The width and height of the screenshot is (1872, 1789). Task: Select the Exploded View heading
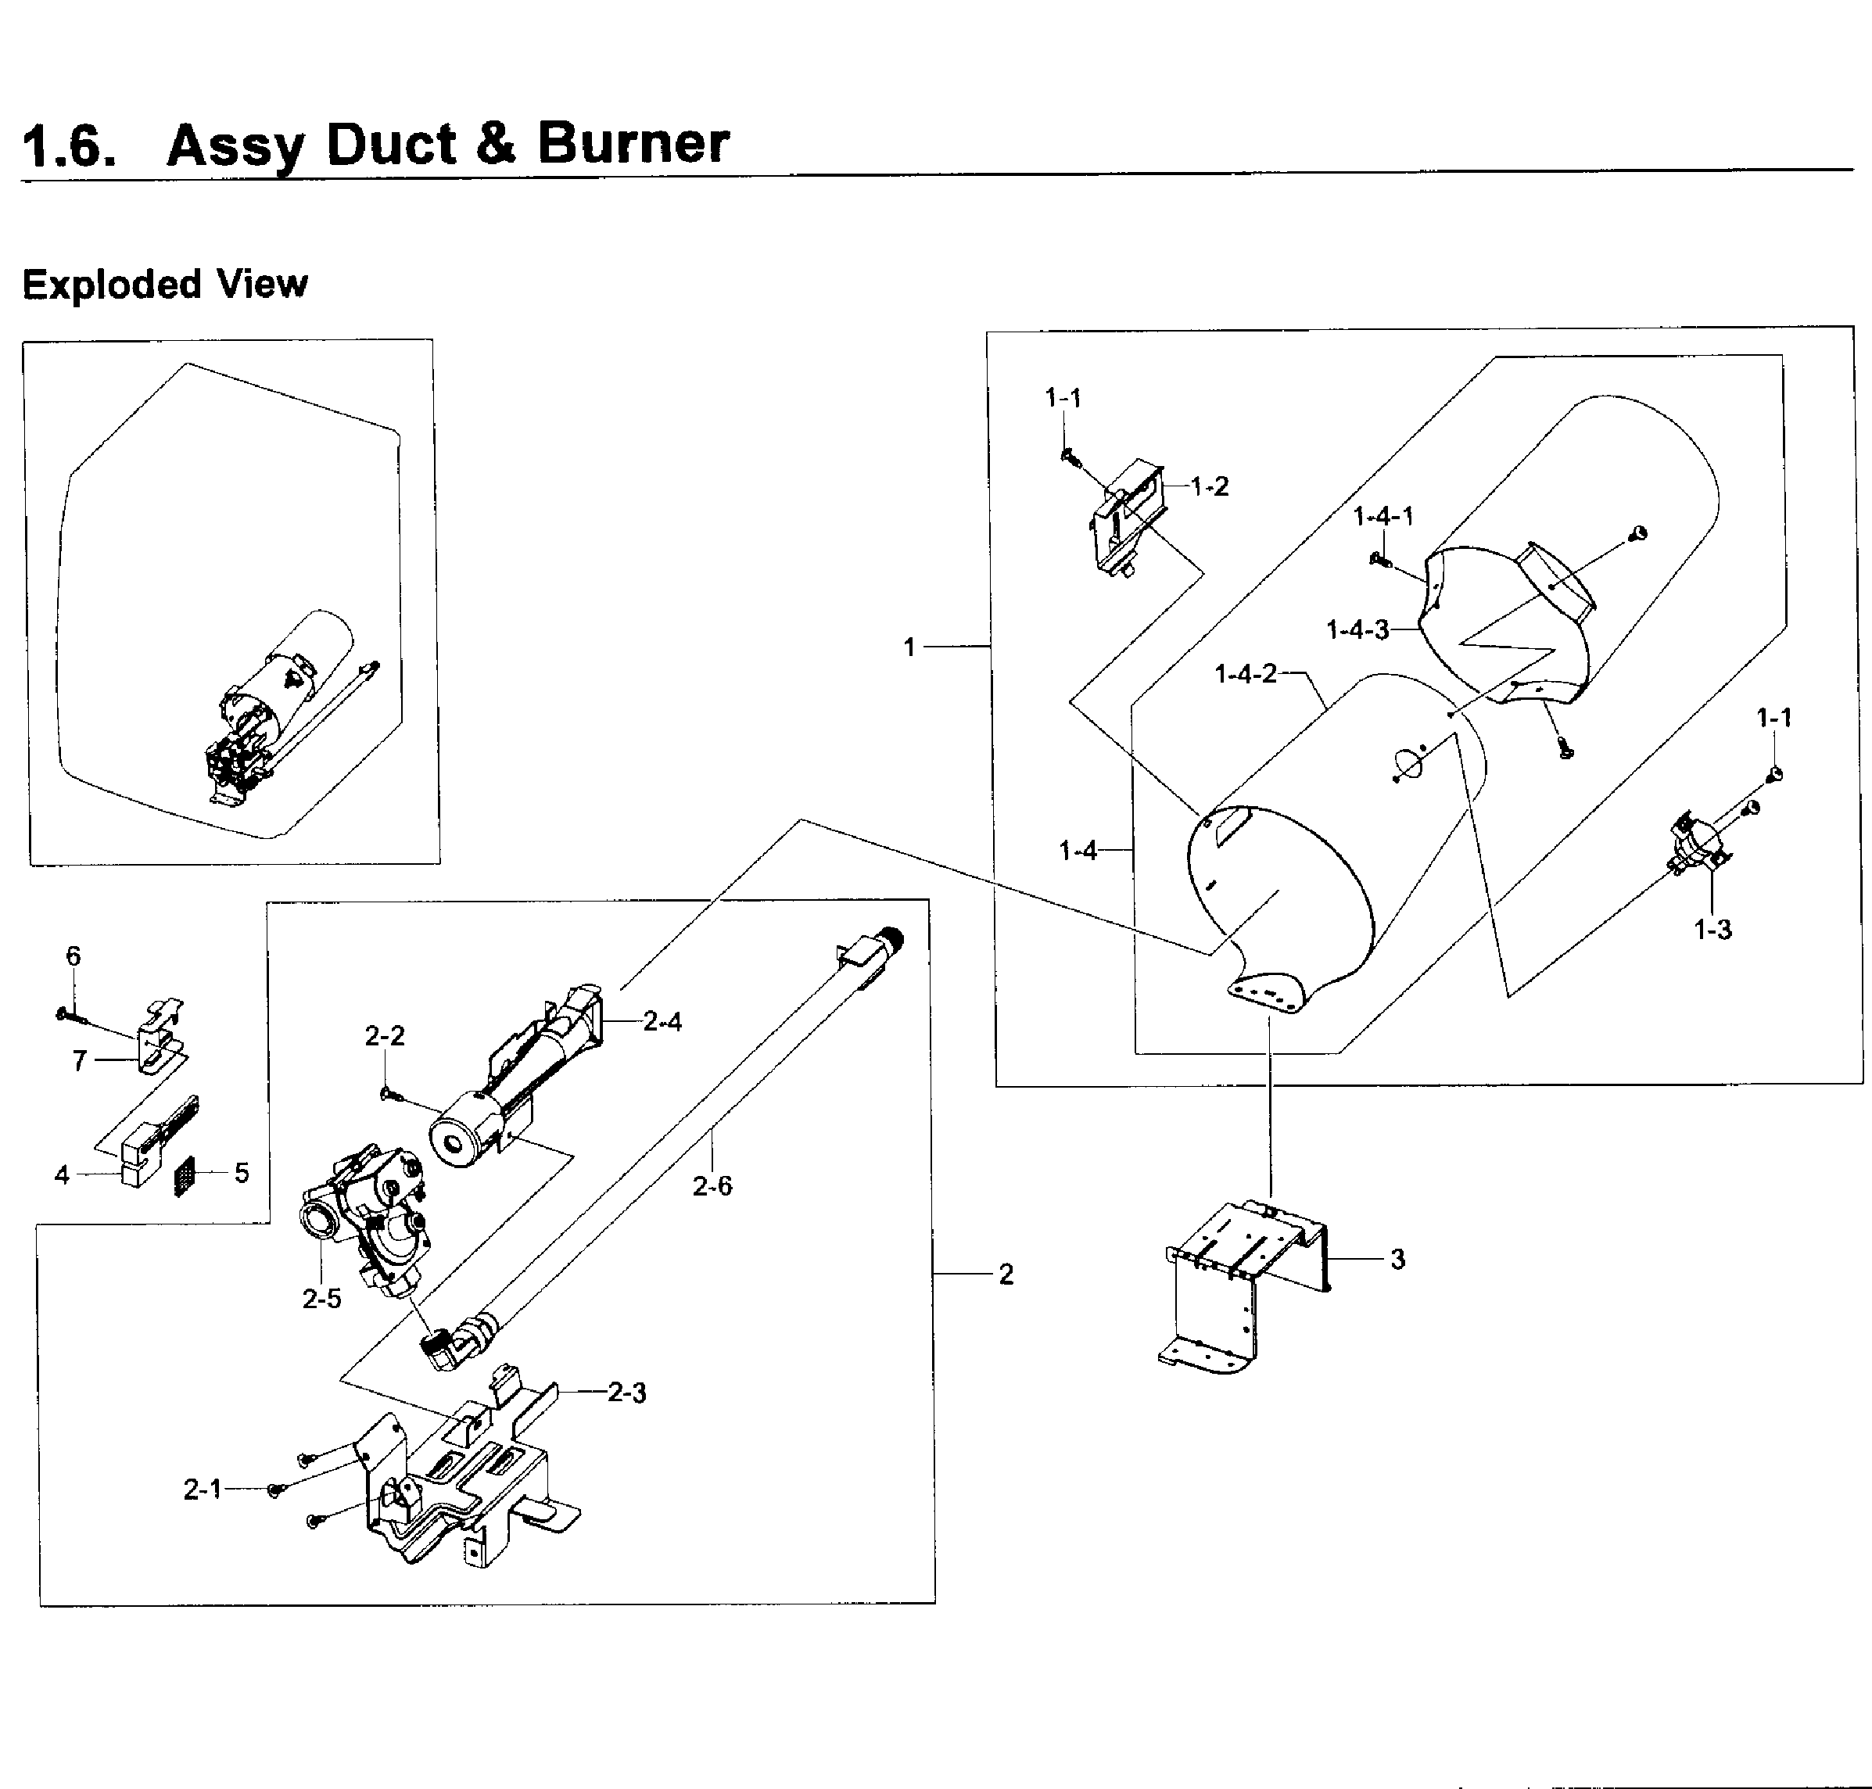coord(165,284)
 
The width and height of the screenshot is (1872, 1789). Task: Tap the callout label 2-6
coord(712,1186)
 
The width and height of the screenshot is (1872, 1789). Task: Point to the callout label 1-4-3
coord(1356,629)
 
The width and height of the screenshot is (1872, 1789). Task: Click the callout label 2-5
coord(321,1299)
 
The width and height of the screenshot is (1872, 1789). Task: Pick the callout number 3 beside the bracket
coord(1397,1259)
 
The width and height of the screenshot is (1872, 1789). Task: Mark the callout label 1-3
coord(1712,929)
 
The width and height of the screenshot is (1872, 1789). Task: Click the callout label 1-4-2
coord(1245,674)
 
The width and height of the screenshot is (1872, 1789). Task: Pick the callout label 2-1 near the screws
coord(203,1489)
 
